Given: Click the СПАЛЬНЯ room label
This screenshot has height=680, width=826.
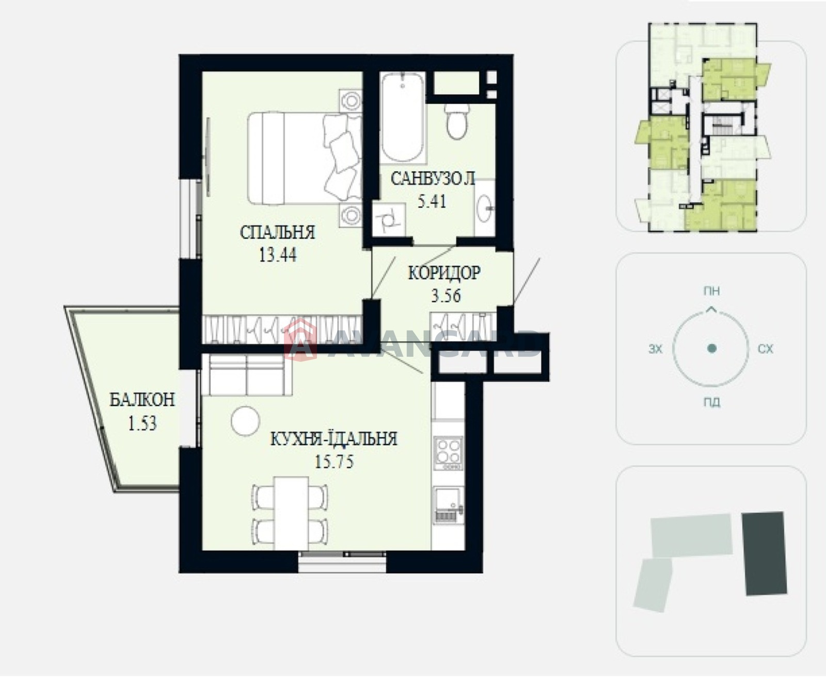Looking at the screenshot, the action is (x=277, y=232).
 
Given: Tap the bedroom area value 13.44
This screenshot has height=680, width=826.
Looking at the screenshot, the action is (x=278, y=255).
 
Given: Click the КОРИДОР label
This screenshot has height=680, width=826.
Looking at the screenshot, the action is (x=444, y=273).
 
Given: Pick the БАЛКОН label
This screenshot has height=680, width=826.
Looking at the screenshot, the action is (x=142, y=400).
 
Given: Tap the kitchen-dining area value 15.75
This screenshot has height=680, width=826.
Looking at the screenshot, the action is (x=334, y=462).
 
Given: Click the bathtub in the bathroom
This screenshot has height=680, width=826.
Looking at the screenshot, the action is (x=403, y=117).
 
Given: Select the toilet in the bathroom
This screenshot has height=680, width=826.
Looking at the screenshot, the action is (x=457, y=121).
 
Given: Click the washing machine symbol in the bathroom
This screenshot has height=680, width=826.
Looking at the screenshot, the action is (x=389, y=219).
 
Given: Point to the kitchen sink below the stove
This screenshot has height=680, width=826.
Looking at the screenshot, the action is (x=449, y=504).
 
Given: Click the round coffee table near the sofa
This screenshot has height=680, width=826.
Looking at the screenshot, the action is (x=246, y=421).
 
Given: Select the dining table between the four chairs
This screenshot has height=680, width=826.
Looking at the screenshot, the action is (x=291, y=513).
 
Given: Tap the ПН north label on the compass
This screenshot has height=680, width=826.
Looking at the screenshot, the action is (x=711, y=291).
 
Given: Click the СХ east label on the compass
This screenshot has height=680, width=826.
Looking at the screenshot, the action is (x=765, y=349).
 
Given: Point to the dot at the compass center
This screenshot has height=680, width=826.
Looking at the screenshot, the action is (x=712, y=348).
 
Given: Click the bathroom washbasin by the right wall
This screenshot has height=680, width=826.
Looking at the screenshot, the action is (x=484, y=208).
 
